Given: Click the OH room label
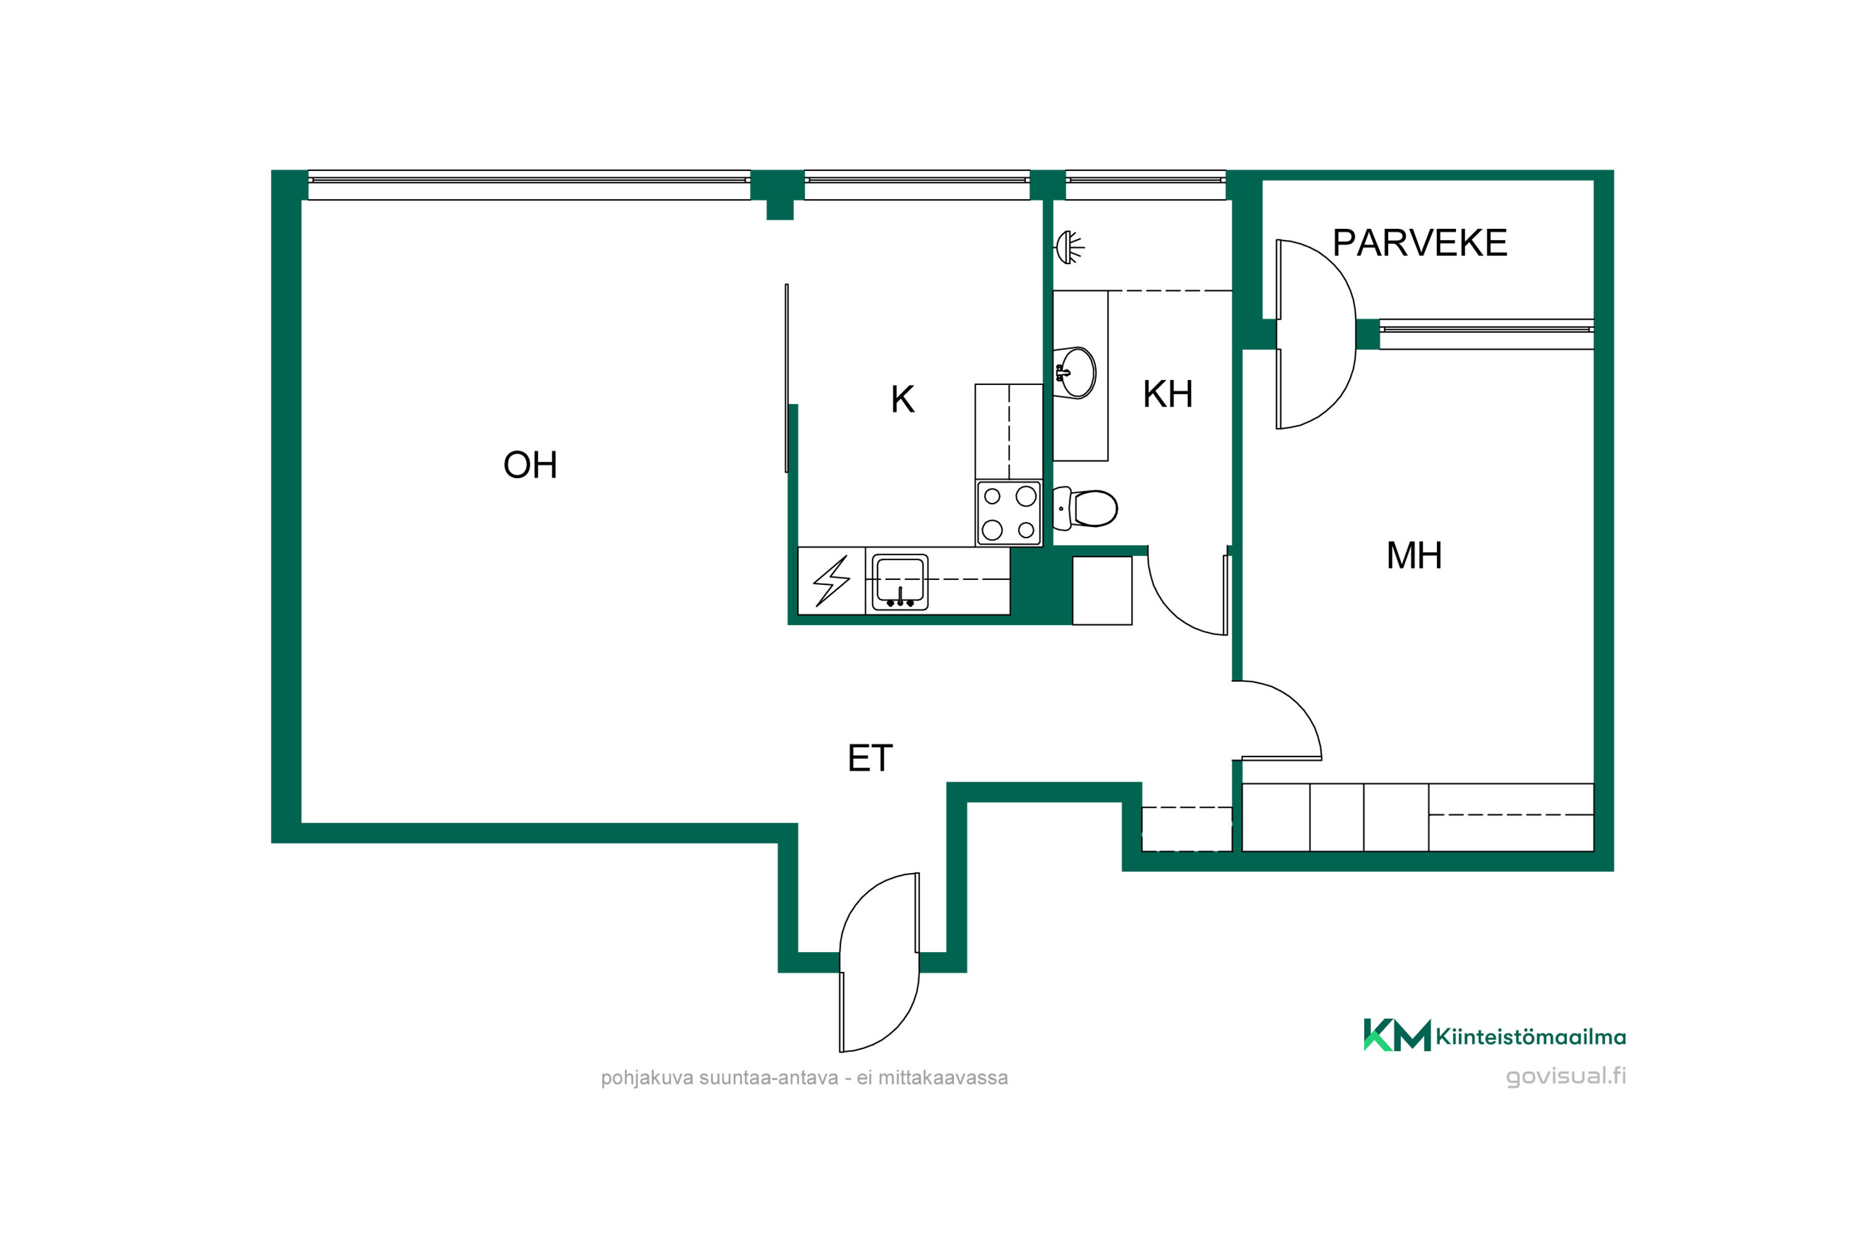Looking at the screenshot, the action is pos(530,465).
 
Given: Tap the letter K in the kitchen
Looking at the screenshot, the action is pos(902,399).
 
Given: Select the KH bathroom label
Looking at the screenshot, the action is pos(1167,394).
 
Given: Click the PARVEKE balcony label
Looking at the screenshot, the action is pos(1420,242).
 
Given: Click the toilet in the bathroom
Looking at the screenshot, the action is pos(1085,508).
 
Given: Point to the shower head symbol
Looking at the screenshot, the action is pos(1069,247).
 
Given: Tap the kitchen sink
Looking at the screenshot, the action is pos(900,582).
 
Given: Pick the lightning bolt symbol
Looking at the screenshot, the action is pos(831,581).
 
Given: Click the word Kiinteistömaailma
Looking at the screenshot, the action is pos(1531,1037).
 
